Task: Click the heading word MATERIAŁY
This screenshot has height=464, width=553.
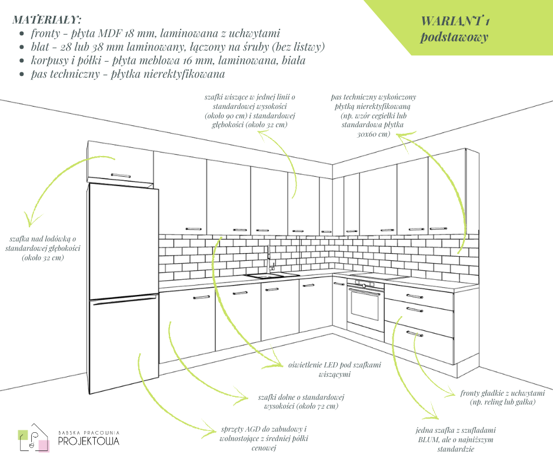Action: tap(47, 19)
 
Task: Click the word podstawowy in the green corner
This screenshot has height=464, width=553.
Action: tap(455, 37)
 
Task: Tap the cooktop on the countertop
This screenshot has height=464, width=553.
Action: tap(377, 276)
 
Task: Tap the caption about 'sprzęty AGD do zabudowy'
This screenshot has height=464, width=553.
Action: tap(264, 439)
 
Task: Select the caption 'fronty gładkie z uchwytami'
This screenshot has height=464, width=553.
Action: tap(502, 397)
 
